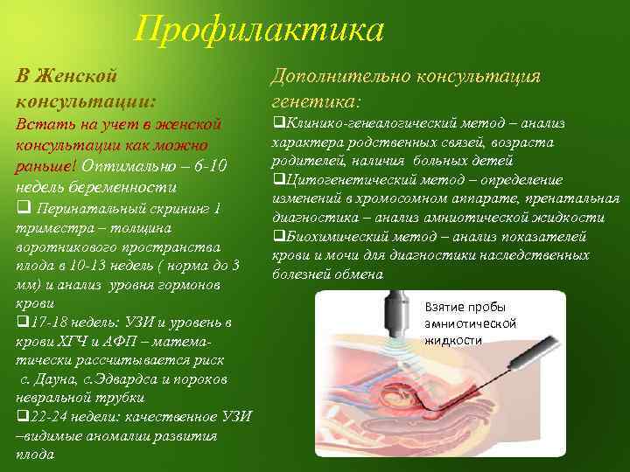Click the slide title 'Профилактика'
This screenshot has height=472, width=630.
260,31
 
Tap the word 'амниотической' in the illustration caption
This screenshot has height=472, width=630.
470,323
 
